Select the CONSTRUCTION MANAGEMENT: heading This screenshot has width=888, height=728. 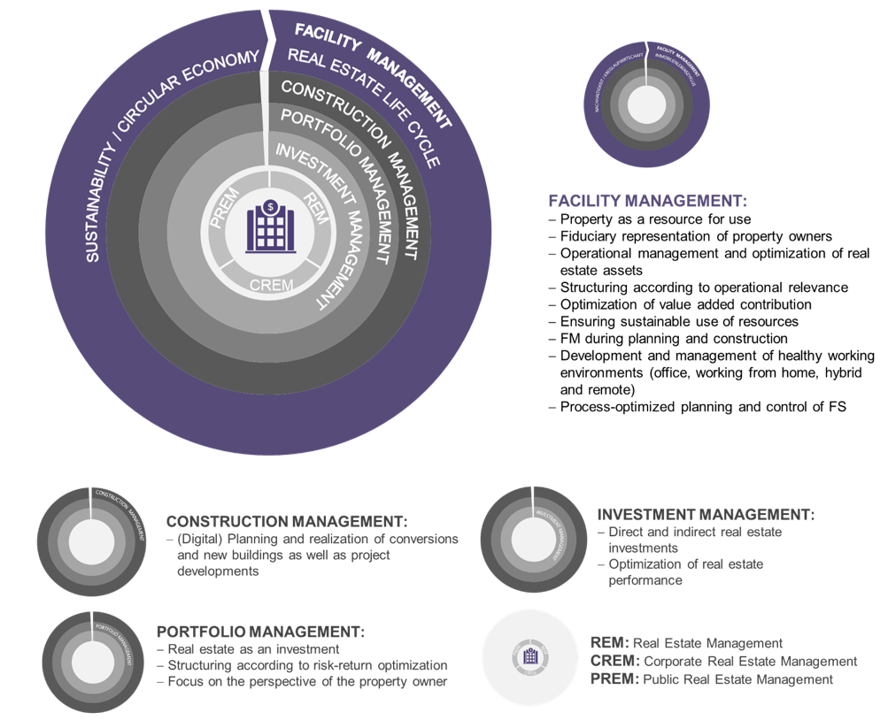click(286, 521)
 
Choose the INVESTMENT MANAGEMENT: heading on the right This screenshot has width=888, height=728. click(705, 514)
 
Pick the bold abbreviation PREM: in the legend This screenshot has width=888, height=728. click(612, 679)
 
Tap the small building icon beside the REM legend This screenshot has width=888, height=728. click(531, 657)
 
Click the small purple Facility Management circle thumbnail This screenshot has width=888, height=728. click(649, 105)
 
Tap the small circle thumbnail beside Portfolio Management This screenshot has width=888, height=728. click(93, 662)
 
